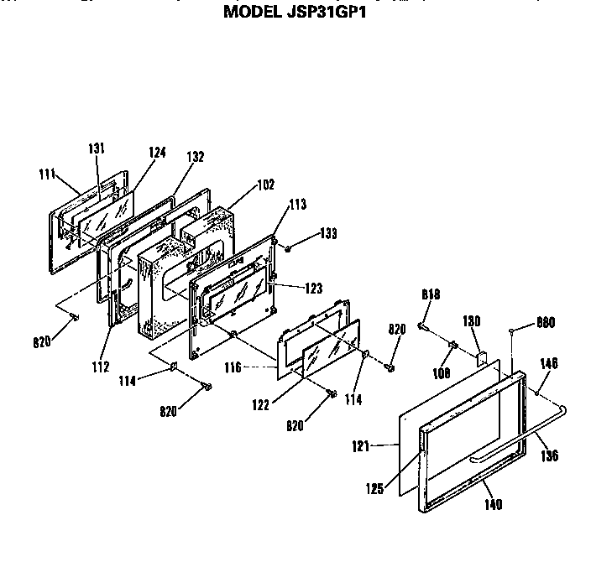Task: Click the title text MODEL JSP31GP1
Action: [296, 13]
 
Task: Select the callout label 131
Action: [97, 148]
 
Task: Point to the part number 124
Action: [157, 153]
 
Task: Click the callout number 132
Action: [195, 156]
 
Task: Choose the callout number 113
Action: [297, 203]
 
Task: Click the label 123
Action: [313, 288]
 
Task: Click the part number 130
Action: [472, 320]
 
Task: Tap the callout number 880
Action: [547, 321]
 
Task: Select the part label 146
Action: [549, 363]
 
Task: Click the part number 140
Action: [493, 504]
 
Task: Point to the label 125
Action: [374, 486]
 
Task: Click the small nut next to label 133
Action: [288, 247]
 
